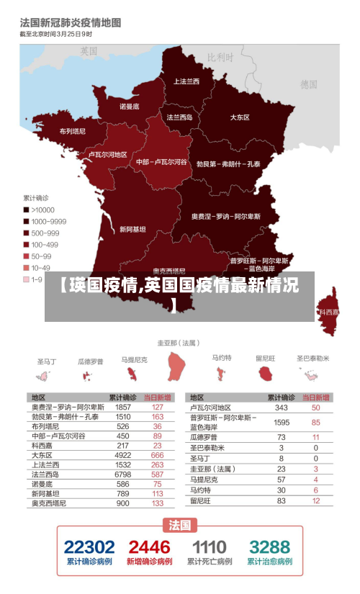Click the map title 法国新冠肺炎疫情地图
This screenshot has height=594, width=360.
click(x=71, y=24)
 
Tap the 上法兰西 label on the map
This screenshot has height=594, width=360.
click(x=186, y=81)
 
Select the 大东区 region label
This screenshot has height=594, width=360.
click(x=240, y=117)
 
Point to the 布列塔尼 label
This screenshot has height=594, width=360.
click(x=72, y=131)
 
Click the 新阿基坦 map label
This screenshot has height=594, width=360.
click(x=132, y=230)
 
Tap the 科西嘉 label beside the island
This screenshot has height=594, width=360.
click(x=329, y=312)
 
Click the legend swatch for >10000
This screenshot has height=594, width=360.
click(x=27, y=210)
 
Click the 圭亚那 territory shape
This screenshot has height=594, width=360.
click(x=176, y=366)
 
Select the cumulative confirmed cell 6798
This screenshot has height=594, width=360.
click(x=123, y=474)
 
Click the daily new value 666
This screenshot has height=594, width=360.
click(x=157, y=455)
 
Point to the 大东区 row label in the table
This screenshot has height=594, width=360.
click(x=42, y=455)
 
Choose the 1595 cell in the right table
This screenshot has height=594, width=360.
click(x=282, y=422)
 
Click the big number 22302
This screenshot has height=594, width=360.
click(x=89, y=547)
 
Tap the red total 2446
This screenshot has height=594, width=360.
click(x=149, y=547)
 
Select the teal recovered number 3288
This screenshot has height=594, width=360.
click(x=270, y=547)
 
